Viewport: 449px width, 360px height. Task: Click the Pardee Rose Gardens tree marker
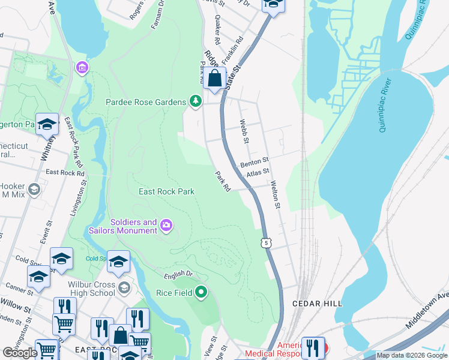coord(194,102)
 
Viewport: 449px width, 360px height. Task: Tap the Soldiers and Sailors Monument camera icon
coord(166,226)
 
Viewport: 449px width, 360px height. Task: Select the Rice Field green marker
coord(201,293)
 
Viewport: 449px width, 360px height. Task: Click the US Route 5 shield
coord(265,242)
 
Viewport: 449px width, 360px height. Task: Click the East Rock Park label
coord(166,191)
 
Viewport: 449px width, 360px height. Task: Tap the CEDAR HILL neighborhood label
coord(312,304)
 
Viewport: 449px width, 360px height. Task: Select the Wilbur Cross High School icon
coord(124,287)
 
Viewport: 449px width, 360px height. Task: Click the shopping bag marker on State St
coord(214,78)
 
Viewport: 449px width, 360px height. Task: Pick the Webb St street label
coord(244,131)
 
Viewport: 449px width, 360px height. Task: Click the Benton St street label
coord(255,162)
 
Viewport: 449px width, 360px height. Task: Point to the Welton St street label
coord(276,195)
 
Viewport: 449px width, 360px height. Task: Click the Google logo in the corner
coord(20,353)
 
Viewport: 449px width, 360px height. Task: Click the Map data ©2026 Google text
coord(412,355)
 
